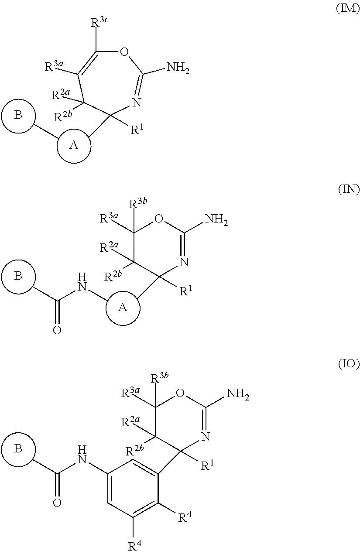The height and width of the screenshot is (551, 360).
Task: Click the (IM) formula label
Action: point(348,9)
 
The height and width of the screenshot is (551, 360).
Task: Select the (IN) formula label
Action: point(349,190)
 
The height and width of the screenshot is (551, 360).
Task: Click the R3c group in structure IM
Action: point(100,22)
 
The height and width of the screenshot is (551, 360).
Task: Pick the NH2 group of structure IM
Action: point(178,67)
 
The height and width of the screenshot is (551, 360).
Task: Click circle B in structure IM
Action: point(18,116)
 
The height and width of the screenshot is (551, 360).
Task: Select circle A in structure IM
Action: point(74,146)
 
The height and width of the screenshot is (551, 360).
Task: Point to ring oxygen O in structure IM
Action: point(124,52)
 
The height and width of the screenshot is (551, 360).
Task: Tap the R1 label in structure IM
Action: point(137,129)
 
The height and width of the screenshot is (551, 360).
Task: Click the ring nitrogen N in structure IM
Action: point(137,102)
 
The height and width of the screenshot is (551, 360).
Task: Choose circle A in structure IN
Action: point(123,308)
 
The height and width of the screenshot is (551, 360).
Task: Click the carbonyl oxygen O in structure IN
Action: point(57,330)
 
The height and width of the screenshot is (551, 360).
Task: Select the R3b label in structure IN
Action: point(138,204)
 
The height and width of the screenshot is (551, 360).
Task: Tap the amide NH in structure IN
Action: point(82,282)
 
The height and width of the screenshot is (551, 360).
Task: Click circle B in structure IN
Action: point(18,277)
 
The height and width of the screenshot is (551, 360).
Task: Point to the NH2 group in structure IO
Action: point(238,394)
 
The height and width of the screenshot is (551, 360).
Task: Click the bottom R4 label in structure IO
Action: point(135,544)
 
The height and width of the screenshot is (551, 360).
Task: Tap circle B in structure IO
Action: point(18,449)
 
